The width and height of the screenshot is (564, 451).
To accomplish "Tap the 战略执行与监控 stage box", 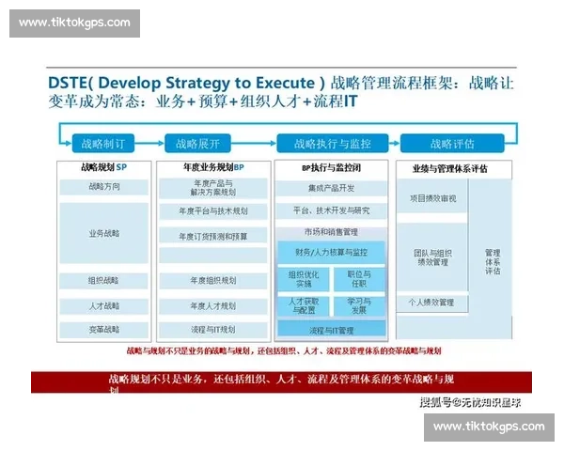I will (332, 144).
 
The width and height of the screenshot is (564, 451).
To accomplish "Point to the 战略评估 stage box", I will (452, 144).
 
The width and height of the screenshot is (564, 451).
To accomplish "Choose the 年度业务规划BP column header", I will (213, 168).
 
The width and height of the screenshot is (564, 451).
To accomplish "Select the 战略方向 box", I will (104, 187).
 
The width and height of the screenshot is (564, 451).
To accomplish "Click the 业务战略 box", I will (104, 232).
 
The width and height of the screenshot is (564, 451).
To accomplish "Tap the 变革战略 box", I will (104, 330).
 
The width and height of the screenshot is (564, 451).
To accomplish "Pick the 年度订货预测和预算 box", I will (214, 236).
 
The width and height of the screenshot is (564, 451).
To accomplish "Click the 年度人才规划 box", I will (213, 305).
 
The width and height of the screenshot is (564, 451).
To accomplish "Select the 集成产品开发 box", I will (331, 188).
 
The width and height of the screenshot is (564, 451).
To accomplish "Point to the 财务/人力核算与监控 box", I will (331, 252).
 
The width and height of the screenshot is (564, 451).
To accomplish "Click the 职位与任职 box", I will (359, 279).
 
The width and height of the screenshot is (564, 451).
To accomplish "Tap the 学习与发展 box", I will (359, 305).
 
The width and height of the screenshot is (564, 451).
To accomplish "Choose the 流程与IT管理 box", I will (331, 331).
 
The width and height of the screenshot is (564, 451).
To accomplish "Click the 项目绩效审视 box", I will (432, 198).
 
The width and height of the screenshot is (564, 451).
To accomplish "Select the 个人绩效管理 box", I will (432, 303).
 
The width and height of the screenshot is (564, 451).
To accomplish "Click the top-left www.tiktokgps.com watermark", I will (75, 23).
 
